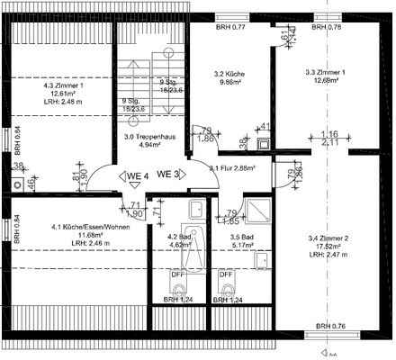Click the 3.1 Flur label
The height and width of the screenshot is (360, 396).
pyautogui.click(x=232, y=167)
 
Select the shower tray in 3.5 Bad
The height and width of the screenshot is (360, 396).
pyautogui.click(x=260, y=211)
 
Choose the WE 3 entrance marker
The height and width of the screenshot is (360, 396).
pyautogui.click(x=168, y=173)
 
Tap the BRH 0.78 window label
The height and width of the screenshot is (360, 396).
pyautogui.click(x=326, y=28)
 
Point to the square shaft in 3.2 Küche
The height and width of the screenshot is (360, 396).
pyautogui.click(x=265, y=143)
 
